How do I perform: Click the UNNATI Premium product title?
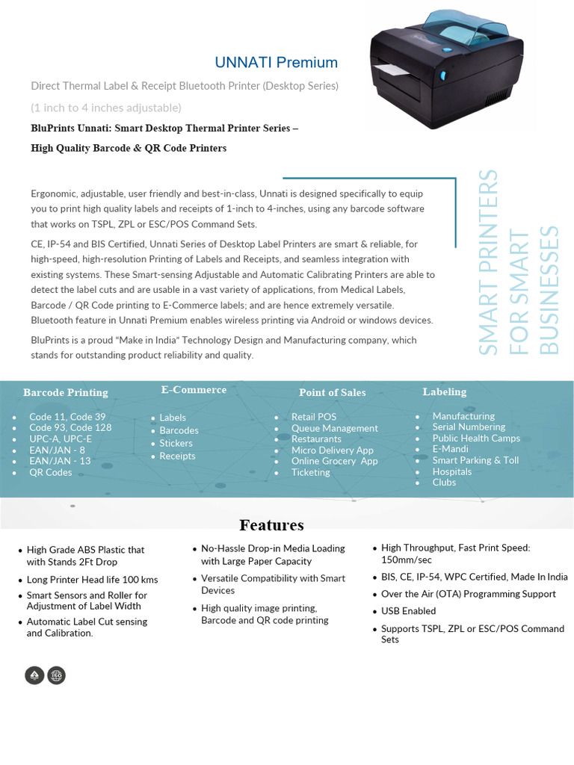[276, 63]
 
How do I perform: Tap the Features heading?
[271, 524]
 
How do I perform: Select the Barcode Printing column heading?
[66, 392]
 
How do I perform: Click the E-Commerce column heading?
[194, 389]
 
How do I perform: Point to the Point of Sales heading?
[333, 392]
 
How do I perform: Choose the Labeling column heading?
[444, 391]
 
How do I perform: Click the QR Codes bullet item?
[51, 472]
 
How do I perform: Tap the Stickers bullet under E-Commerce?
[176, 443]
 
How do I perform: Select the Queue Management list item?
[334, 428]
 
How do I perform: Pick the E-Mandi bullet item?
[450, 449]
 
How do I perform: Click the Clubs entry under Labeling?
[444, 482]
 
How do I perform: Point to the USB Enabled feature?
[408, 611]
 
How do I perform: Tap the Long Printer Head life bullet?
[92, 580]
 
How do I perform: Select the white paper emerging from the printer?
[389, 70]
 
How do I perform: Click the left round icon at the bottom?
[34, 675]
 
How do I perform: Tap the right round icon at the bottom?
[56, 675]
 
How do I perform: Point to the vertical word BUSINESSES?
[549, 290]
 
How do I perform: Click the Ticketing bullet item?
[310, 472]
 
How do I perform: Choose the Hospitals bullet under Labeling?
[451, 471]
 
